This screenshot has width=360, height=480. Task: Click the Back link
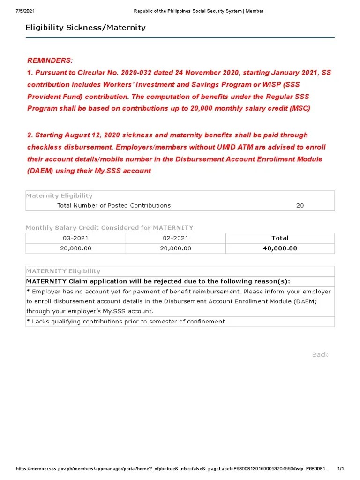coord(320,354)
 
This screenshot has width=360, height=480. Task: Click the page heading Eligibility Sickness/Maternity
coord(85,27)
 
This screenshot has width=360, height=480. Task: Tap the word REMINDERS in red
coord(50,60)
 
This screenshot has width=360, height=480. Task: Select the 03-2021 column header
coord(75,238)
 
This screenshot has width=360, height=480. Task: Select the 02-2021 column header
coord(175,238)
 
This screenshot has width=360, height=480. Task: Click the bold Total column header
coord(280,238)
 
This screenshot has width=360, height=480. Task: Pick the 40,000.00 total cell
coord(280,248)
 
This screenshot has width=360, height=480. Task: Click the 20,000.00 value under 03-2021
coord(75,248)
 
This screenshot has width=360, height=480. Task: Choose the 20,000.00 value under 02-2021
coord(175,248)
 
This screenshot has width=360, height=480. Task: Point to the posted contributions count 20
coord(300,205)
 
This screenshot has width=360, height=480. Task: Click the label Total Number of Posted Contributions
coord(114,205)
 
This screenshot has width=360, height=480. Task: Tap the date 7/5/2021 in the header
coord(26,11)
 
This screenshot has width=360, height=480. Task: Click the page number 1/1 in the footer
coord(341,469)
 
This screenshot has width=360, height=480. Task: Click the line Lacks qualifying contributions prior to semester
coord(126,321)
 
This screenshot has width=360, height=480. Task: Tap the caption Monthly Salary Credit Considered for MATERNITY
coord(109,227)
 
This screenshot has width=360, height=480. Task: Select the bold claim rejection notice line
coord(158,281)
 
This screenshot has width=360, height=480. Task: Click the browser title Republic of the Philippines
coord(199,11)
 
